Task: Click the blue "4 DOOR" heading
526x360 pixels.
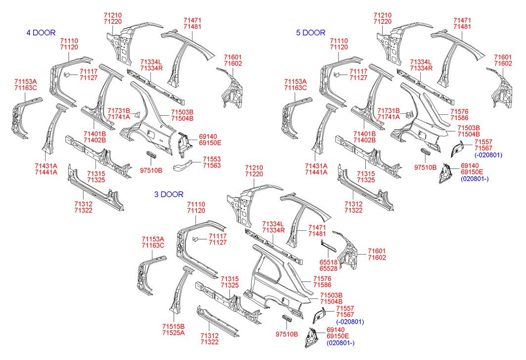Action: point(41,33)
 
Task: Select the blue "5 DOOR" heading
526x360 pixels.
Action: point(311,33)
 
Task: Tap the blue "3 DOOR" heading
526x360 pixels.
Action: point(169,195)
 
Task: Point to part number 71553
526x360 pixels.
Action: point(212,159)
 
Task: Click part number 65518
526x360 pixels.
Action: point(329,262)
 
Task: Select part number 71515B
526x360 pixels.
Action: point(173,326)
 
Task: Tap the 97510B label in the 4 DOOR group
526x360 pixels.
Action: point(151,171)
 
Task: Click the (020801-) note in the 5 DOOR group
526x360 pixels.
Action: point(475,179)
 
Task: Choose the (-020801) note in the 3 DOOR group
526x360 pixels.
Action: point(350,322)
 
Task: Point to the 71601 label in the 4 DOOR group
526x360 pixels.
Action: point(233,57)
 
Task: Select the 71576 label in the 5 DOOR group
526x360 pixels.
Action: point(459,111)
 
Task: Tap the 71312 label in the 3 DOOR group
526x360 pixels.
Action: point(209,335)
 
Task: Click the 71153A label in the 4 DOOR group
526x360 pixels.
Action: point(26,82)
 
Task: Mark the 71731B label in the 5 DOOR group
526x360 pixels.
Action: point(388,111)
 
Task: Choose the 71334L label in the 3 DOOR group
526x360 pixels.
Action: point(274,224)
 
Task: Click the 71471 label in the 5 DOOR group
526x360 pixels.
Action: point(462,20)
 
